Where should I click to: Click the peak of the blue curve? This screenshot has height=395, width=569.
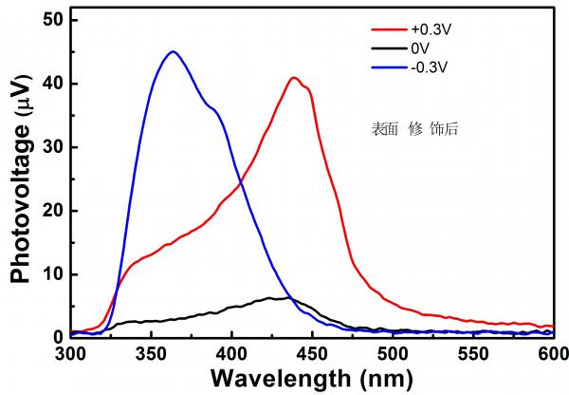click(x=172, y=52)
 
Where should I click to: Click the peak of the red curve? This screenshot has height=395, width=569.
click(x=294, y=78)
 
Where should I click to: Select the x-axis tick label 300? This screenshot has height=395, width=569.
click(x=70, y=354)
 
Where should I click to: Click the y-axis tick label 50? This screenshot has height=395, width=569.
click(x=53, y=20)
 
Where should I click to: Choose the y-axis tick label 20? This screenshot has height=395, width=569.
click(x=53, y=210)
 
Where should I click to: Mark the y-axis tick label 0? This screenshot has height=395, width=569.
click(x=58, y=336)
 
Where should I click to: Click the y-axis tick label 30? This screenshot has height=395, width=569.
click(x=53, y=147)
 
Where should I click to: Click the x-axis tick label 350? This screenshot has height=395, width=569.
click(x=152, y=354)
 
